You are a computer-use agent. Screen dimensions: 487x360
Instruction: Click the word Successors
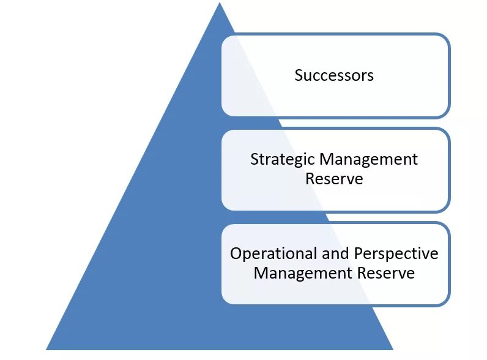(x=334, y=75)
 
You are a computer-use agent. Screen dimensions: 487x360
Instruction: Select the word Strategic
(x=283, y=160)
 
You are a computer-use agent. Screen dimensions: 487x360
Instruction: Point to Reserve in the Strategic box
(x=334, y=179)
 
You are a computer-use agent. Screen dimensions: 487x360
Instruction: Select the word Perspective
(x=396, y=254)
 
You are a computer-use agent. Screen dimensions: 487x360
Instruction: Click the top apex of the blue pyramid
(x=220, y=4)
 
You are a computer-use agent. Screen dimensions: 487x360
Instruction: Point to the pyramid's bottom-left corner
(x=47, y=349)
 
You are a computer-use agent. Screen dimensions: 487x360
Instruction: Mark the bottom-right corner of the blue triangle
(x=392, y=349)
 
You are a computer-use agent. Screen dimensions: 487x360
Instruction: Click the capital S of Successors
(x=299, y=75)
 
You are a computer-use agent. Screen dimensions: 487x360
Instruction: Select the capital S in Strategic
(x=254, y=160)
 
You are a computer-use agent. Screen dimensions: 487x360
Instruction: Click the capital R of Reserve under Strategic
(x=309, y=179)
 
